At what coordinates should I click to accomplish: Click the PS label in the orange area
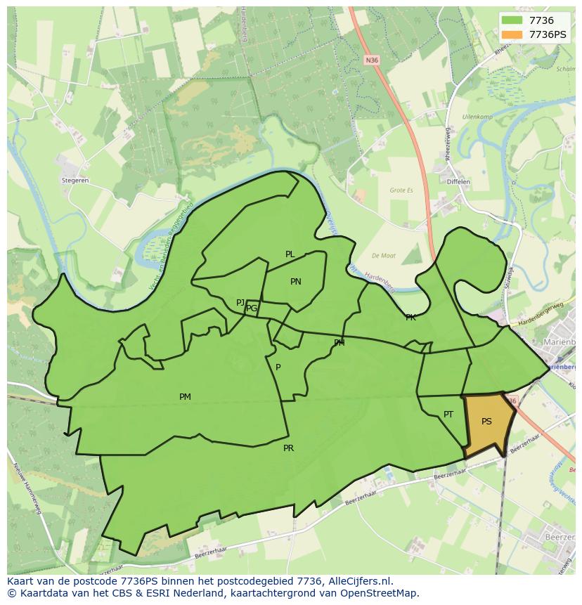tap(486, 422)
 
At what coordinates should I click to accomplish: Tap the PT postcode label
tap(448, 415)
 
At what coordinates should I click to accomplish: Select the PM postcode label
tap(185, 397)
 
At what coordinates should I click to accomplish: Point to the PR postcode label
tap(288, 448)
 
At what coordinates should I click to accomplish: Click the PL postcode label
tap(290, 254)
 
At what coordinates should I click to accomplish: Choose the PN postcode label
tap(296, 282)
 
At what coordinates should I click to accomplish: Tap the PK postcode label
tap(410, 318)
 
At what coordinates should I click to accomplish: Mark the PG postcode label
tap(252, 308)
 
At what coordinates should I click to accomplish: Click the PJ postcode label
tap(240, 303)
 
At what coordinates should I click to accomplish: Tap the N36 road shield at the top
tap(372, 60)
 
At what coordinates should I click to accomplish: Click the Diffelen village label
tap(458, 182)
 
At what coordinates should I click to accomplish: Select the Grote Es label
tap(402, 190)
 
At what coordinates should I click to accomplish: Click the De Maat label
tap(384, 256)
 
